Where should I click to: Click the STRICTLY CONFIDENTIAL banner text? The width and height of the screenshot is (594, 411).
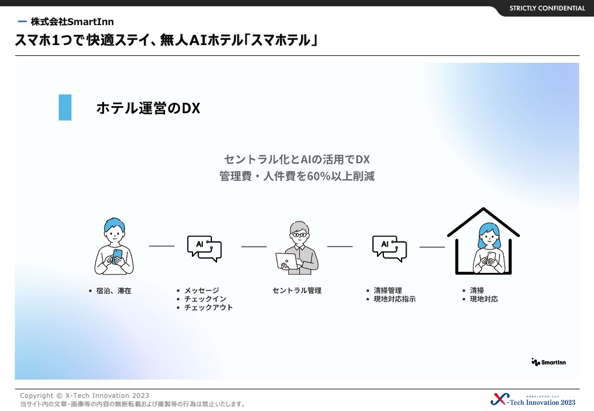coord(547,8)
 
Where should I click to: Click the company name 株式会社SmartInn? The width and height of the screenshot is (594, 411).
coord(73,22)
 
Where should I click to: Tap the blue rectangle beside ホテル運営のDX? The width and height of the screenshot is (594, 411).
coord(65,107)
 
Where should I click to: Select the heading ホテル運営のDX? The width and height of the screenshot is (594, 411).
coord(148,108)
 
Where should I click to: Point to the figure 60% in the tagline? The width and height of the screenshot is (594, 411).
coord(319,176)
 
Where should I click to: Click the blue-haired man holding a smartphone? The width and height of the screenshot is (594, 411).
coord(114,246)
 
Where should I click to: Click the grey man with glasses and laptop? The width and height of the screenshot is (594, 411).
coord(298,248)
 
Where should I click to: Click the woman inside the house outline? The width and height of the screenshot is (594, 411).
coord(489,248)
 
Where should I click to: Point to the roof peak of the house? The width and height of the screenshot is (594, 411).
coord(483,208)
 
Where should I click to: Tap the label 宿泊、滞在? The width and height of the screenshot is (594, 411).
coord(114,291)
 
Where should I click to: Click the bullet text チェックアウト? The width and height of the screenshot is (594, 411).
coord(208,307)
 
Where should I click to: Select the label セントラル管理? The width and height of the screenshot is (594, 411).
coord(297,291)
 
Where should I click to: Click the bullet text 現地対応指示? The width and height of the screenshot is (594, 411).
coord(395,299)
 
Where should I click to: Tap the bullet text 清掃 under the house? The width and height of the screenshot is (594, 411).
coord(477,291)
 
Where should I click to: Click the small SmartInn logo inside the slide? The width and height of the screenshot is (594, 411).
coord(548,362)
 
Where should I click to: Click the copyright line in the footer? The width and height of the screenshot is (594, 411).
coord(85,396)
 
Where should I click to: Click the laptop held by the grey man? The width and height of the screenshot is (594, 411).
coord(287,261)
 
